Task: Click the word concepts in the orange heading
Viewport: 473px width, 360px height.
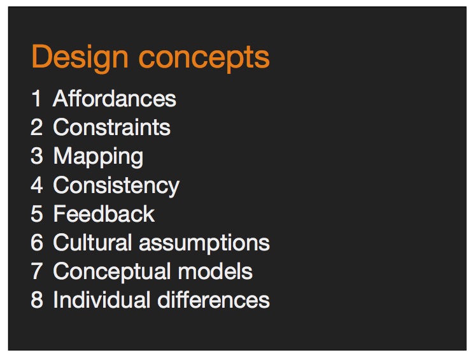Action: point(204,59)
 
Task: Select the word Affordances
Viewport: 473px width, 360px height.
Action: point(115,98)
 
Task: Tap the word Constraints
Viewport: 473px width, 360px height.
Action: point(111,127)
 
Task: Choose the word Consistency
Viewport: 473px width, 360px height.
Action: point(116,186)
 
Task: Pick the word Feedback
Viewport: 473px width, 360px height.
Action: point(104,214)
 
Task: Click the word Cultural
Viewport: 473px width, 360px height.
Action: point(92,242)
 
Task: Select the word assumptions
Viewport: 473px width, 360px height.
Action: point(204,243)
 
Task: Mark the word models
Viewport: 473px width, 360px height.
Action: point(215,271)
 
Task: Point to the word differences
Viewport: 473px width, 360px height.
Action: point(213,299)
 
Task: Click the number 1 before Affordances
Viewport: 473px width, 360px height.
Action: point(36,98)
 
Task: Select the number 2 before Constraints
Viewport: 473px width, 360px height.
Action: point(36,127)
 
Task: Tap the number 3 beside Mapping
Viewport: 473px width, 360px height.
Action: point(36,156)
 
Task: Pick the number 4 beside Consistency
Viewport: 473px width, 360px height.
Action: point(36,185)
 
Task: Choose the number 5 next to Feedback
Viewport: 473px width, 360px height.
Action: point(36,213)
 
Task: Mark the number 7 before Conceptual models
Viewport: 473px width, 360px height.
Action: point(36,271)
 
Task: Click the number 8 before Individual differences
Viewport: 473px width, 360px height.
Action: point(36,299)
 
